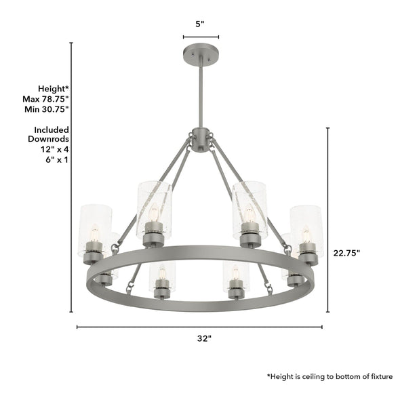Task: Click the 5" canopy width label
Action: tap(199, 24)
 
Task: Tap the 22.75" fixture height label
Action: tap(346, 252)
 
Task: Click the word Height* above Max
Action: tap(53, 89)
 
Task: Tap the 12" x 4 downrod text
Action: tap(55, 150)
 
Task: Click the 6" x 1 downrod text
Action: tap(56, 160)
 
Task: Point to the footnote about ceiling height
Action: tap(329, 376)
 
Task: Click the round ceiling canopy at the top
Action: tap(199, 52)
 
